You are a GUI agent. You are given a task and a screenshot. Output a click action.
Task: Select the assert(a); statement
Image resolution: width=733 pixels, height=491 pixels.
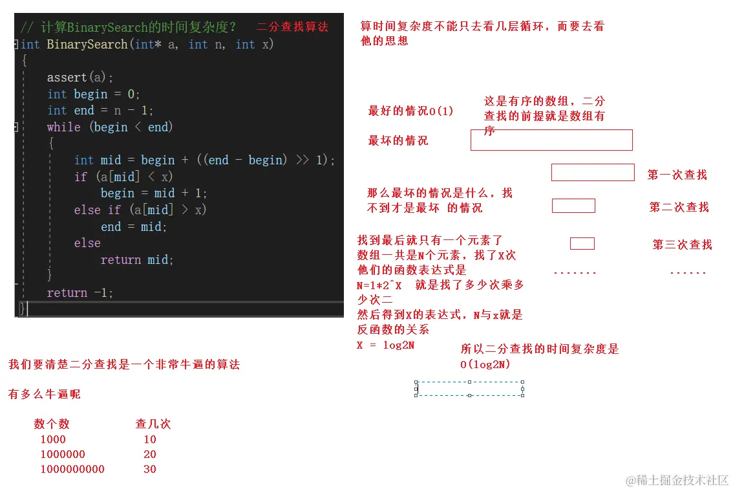pyautogui.click(x=80, y=78)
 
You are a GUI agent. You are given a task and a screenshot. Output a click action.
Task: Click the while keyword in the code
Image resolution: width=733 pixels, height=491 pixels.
pyautogui.click(x=63, y=127)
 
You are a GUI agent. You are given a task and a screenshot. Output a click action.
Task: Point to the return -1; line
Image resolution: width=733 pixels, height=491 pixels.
pyautogui.click(x=80, y=293)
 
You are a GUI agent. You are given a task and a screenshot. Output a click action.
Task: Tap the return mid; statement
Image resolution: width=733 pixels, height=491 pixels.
pyautogui.click(x=137, y=260)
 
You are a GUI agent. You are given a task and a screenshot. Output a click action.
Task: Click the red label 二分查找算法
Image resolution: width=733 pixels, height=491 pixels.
pyautogui.click(x=292, y=27)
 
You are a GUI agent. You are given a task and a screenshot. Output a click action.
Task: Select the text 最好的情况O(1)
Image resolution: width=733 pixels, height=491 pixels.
pyautogui.click(x=410, y=111)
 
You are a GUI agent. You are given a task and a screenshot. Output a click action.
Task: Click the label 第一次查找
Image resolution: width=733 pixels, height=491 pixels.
pyautogui.click(x=677, y=175)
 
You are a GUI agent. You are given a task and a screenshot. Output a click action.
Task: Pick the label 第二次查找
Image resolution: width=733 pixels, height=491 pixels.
pyautogui.click(x=679, y=207)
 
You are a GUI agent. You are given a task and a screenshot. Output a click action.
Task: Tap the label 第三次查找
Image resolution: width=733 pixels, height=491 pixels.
pyautogui.click(x=682, y=245)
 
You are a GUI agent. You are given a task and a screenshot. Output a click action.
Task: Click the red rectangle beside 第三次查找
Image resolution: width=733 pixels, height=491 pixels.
pyautogui.click(x=582, y=244)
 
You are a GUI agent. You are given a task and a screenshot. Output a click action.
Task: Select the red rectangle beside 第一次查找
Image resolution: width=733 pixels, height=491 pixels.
pyautogui.click(x=592, y=172)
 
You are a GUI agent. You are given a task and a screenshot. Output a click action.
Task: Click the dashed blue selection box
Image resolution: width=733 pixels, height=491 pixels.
pyautogui.click(x=469, y=388)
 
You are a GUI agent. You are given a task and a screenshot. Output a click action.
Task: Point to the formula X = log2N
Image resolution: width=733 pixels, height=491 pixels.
pyautogui.click(x=385, y=345)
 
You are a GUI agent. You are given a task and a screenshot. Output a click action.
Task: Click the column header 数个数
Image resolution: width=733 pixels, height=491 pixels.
pyautogui.click(x=52, y=424)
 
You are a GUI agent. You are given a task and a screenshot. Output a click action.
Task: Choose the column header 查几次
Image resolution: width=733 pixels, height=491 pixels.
pyautogui.click(x=153, y=424)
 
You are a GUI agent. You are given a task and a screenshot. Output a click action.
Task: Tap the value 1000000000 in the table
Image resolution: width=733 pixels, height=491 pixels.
pyautogui.click(x=72, y=469)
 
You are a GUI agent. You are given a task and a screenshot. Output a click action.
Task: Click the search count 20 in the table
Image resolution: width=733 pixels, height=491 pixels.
pyautogui.click(x=150, y=454)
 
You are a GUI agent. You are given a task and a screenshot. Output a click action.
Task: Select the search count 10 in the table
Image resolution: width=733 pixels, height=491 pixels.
pyautogui.click(x=150, y=439)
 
